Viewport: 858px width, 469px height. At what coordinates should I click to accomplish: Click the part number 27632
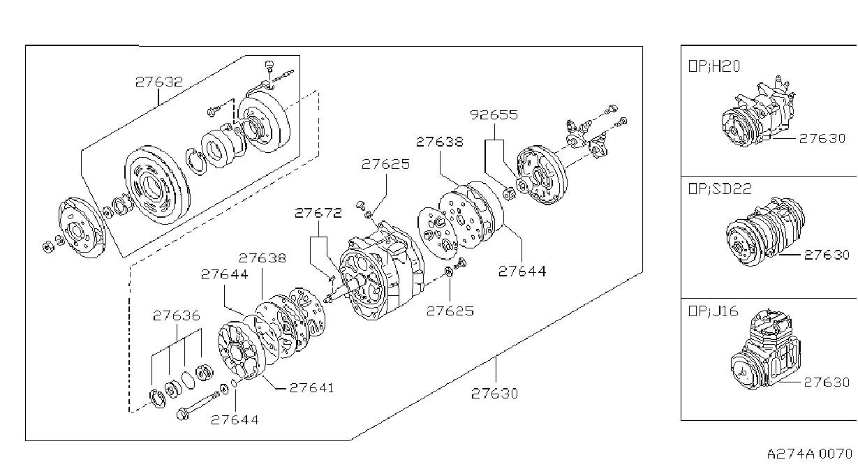pos(159,82)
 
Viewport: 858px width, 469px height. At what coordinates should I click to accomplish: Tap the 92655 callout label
pos(494,115)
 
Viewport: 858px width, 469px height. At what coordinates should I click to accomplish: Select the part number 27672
pos(318,213)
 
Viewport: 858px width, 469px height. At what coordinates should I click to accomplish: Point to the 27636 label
pos(176,316)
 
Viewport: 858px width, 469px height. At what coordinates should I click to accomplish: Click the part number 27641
pos(311,388)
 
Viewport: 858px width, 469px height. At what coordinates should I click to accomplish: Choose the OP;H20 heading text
pos(714,66)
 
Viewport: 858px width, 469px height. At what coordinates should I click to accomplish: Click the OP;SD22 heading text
pos(720,188)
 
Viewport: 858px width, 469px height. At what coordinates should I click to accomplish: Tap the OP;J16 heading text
pos(713,311)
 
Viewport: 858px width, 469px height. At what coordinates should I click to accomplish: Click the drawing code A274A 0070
pos(809,454)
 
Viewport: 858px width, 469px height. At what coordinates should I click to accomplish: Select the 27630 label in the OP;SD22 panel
pos(827,255)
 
